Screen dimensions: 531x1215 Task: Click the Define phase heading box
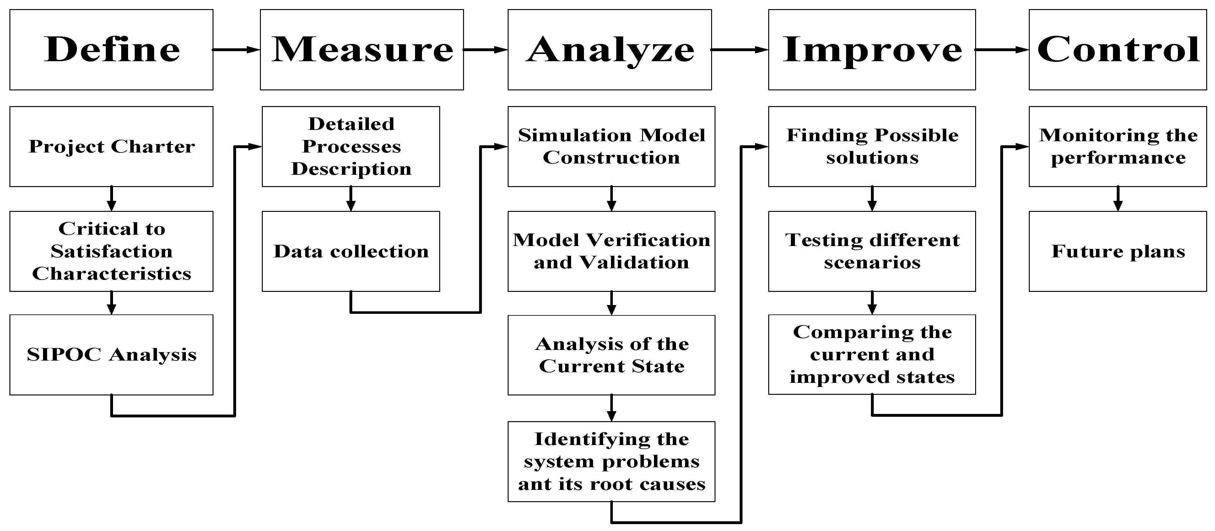tap(111, 50)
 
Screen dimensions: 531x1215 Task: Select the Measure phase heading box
tap(362, 50)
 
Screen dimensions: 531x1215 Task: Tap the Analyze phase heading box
tap(609, 50)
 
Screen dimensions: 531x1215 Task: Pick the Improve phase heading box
tap(872, 50)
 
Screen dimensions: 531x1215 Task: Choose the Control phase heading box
tap(1117, 50)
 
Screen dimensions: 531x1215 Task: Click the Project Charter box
tap(111, 146)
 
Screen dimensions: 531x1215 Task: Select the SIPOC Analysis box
tap(111, 355)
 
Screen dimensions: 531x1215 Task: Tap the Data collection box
tap(351, 251)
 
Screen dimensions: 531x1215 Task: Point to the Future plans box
tap(1117, 251)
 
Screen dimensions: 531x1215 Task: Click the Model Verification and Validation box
tap(611, 251)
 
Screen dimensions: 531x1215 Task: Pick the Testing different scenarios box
tap(872, 251)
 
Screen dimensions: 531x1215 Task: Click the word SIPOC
tap(64, 355)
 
